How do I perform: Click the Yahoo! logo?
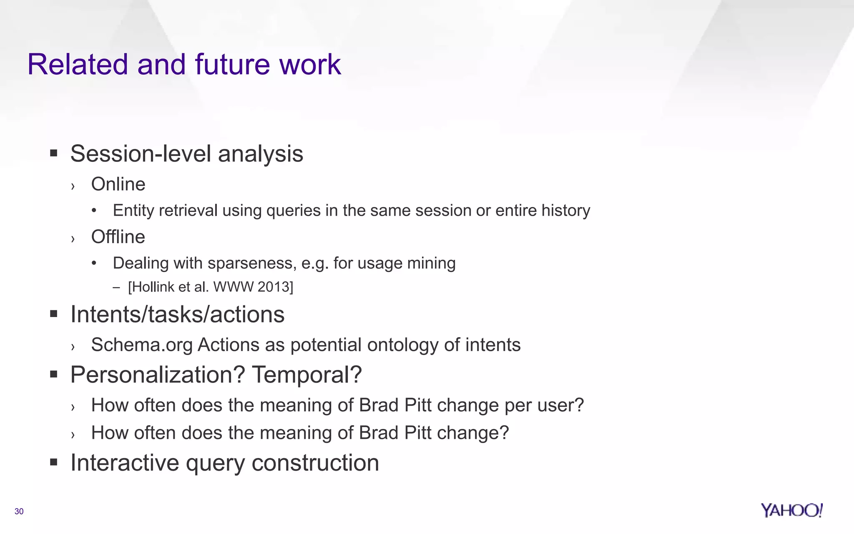791,510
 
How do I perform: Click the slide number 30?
19,511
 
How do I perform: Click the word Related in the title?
78,65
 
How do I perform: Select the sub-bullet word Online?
118,184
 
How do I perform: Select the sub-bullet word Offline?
118,237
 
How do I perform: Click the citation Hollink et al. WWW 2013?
211,287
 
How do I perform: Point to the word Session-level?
141,154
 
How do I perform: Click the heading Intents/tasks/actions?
177,314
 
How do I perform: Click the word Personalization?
158,375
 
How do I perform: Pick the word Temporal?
307,375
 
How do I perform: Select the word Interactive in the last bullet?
125,463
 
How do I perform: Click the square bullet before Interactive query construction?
53,462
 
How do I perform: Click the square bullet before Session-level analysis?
53,153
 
